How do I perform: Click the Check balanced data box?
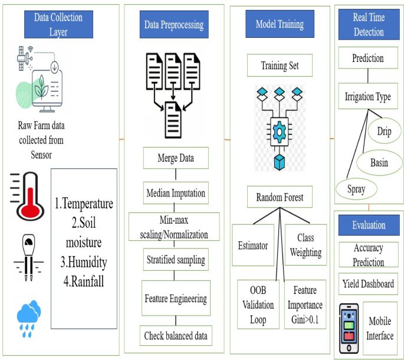[175, 336]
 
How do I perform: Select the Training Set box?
[280, 66]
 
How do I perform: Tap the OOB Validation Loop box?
[255, 305]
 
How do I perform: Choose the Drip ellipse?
[384, 131]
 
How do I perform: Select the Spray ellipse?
[356, 190]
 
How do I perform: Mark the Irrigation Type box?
[368, 97]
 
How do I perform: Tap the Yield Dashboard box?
[368, 284]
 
